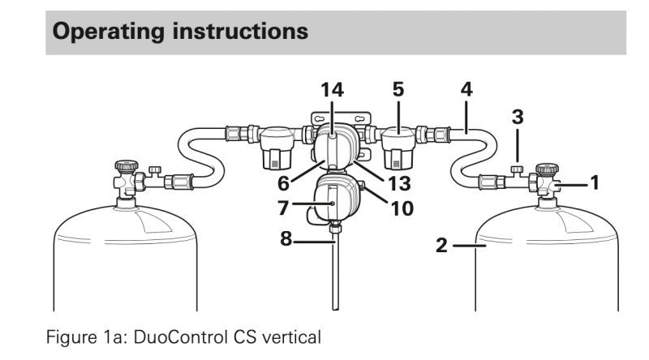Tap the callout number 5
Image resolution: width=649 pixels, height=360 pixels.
point(398,90)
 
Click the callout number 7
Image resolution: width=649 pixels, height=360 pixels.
point(284,208)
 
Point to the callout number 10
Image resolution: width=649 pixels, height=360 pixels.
point(401,208)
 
